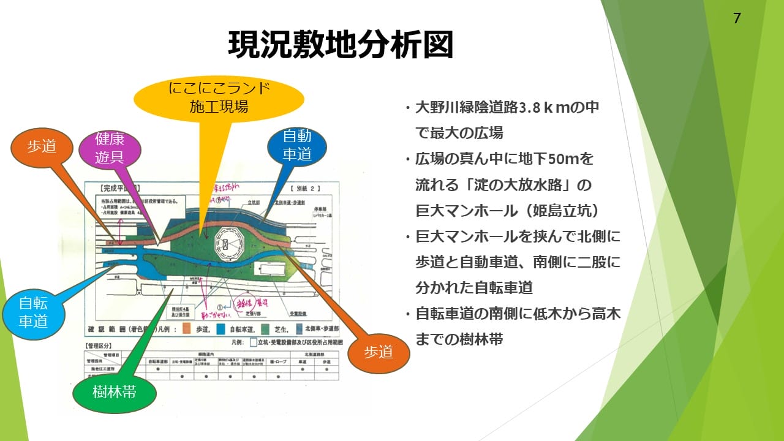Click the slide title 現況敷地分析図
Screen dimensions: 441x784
pos(341,45)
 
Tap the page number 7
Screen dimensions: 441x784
pos(737,18)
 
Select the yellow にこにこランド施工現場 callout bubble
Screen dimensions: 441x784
pos(218,97)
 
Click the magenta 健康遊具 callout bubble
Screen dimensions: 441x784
pos(110,149)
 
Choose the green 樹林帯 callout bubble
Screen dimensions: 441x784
pos(115,393)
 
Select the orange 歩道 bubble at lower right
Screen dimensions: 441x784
pos(378,353)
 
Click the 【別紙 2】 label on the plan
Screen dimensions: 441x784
pos(306,188)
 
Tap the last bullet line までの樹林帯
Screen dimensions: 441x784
pos(459,339)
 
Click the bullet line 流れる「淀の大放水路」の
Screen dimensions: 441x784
pos(502,184)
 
